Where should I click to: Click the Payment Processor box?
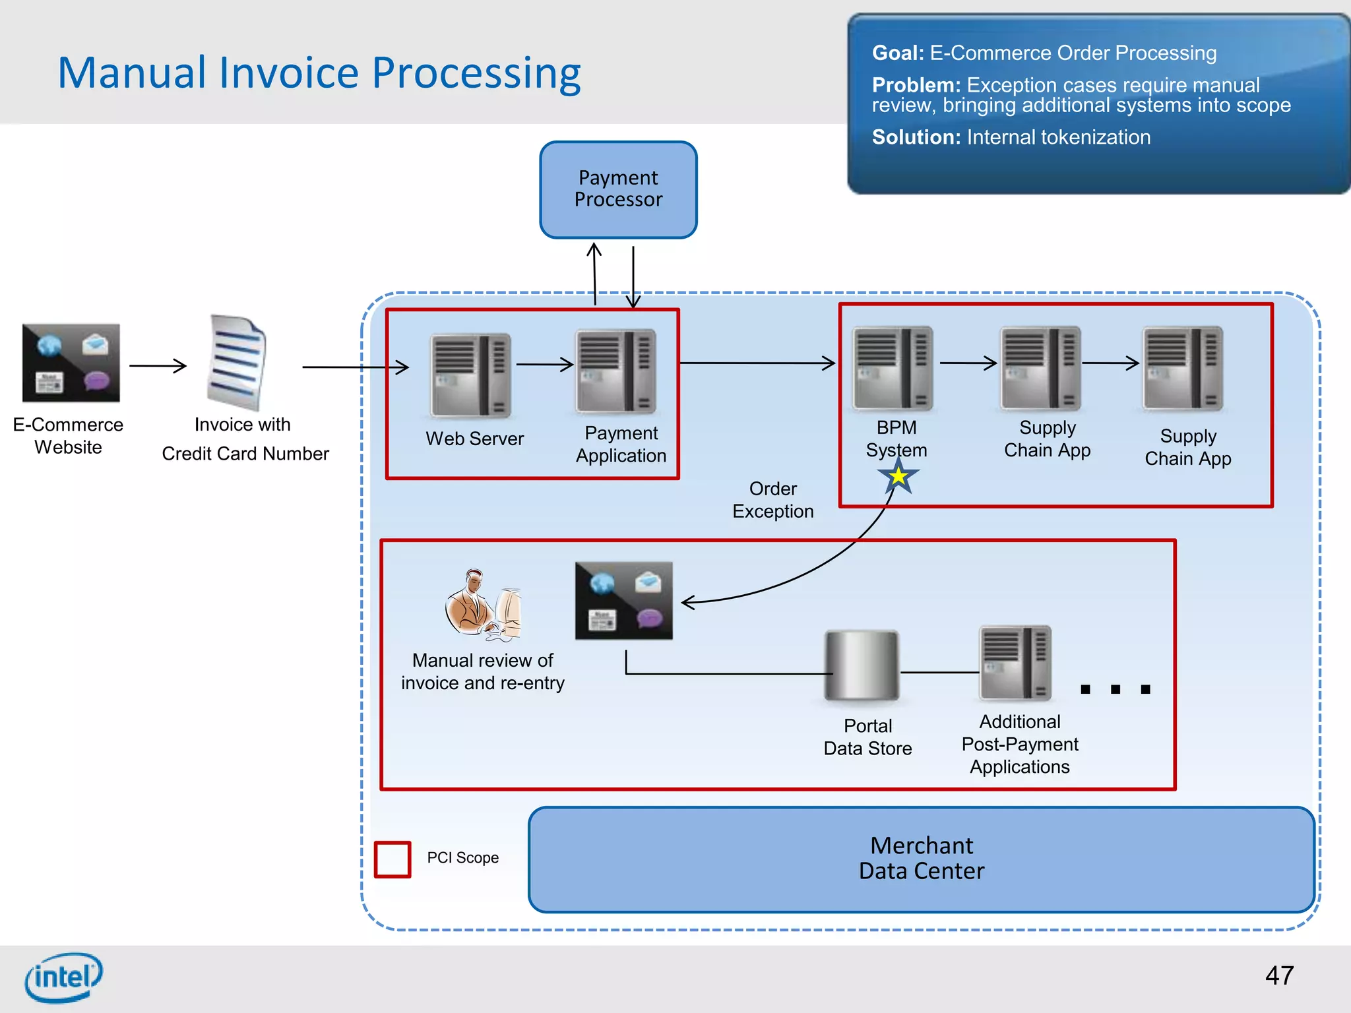(618, 189)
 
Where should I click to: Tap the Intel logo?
(63, 977)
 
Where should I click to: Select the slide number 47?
(1279, 975)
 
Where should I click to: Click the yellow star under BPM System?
(898, 476)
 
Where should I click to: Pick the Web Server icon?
(470, 375)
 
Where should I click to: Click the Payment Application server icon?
(616, 371)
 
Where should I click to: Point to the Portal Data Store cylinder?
(862, 666)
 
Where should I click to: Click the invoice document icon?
(237, 362)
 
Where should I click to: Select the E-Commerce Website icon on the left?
(71, 363)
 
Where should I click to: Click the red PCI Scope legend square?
(393, 859)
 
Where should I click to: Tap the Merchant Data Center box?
(921, 859)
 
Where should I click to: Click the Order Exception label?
(772, 500)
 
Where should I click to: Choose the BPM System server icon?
(893, 368)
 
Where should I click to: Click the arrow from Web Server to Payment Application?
(544, 364)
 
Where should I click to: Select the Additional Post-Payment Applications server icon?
(1015, 663)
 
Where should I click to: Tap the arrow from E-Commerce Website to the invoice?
(158, 365)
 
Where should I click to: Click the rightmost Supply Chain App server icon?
(1183, 368)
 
